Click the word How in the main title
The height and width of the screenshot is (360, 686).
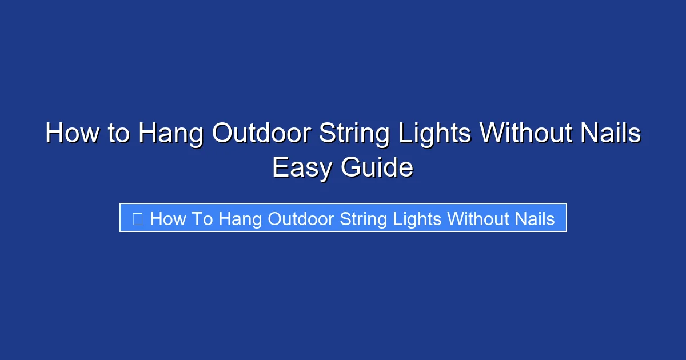(72, 134)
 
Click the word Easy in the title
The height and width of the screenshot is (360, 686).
(302, 168)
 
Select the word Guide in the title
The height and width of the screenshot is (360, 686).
(377, 168)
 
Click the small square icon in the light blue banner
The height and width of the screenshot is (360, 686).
(137, 218)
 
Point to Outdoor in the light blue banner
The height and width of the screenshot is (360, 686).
(301, 218)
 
